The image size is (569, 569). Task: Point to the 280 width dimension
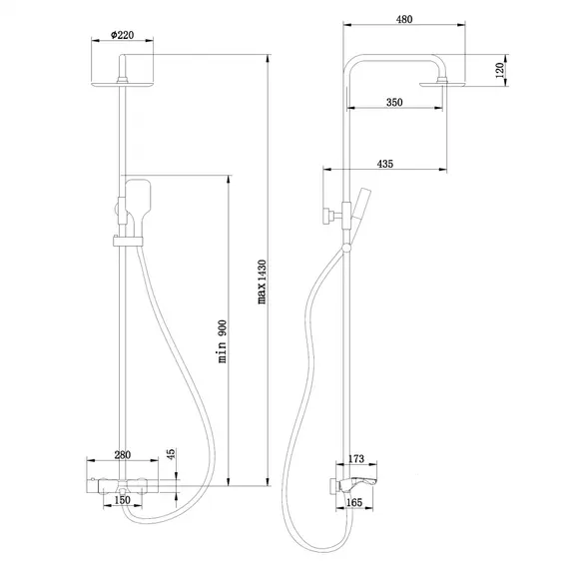pos(122,455)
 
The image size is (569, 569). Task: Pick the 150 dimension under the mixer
pos(122,499)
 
